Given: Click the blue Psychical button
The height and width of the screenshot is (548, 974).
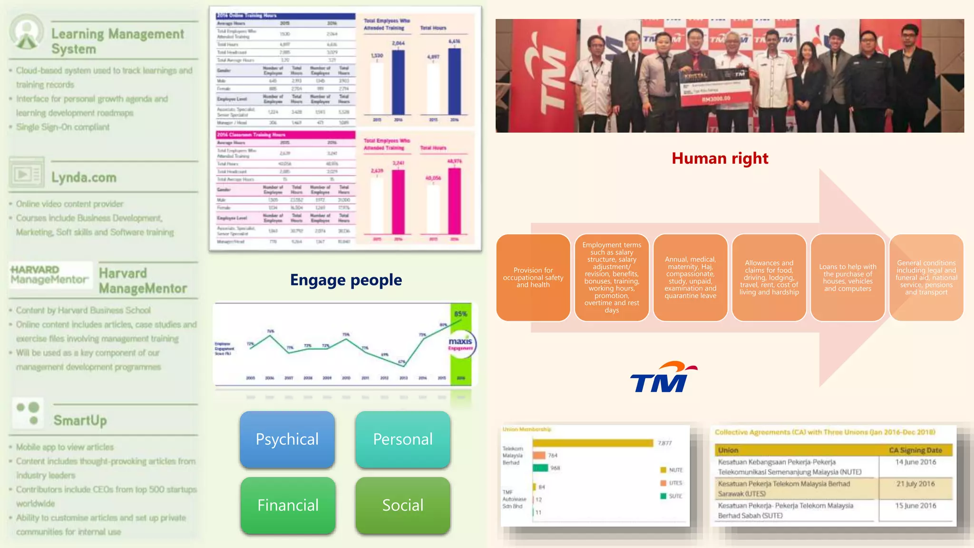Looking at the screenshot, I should pyautogui.click(x=287, y=439).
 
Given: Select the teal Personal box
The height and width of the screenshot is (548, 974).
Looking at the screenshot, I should pyautogui.click(x=403, y=439).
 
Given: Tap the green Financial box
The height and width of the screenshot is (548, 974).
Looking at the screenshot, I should pyautogui.click(x=288, y=505).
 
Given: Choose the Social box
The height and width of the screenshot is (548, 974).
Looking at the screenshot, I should pyautogui.click(x=403, y=505).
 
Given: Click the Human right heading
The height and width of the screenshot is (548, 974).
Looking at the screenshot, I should pyautogui.click(x=720, y=158).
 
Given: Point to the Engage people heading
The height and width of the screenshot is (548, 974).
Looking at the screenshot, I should pyautogui.click(x=346, y=280).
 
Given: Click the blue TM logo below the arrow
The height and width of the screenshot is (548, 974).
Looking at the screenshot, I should pyautogui.click(x=662, y=378).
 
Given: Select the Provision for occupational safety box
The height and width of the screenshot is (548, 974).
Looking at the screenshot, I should pyautogui.click(x=533, y=277).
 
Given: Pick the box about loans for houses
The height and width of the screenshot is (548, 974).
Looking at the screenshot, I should pyautogui.click(x=847, y=277).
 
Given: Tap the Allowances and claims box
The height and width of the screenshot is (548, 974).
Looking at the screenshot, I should pyautogui.click(x=769, y=277).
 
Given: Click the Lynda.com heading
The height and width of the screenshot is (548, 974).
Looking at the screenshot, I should pyautogui.click(x=84, y=177).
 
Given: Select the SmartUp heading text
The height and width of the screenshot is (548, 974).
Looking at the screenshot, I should pyautogui.click(x=80, y=421).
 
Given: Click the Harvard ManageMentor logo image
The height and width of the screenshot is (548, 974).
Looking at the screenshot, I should pyautogui.click(x=50, y=275).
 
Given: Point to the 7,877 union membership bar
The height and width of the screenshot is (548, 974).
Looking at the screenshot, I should pyautogui.click(x=593, y=443).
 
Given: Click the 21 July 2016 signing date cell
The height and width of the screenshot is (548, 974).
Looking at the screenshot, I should pyautogui.click(x=916, y=484).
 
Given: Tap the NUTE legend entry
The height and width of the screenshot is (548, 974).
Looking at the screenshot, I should pyautogui.click(x=672, y=470).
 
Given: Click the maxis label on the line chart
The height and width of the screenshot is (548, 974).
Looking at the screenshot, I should pyautogui.click(x=460, y=342).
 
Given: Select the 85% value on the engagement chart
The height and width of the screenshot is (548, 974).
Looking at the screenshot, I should pyautogui.click(x=460, y=314).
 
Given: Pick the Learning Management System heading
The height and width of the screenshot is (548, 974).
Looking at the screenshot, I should pyautogui.click(x=117, y=41).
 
